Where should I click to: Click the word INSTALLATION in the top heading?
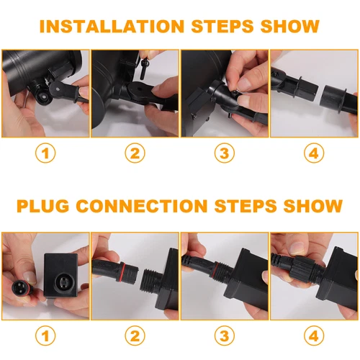112,26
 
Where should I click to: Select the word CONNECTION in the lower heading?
142,206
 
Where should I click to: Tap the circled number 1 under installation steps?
45,153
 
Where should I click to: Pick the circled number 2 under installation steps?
135,153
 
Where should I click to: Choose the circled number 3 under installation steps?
225,153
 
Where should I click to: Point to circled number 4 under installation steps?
314,153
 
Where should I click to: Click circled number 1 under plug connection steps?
45,336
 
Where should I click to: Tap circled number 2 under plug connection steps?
135,336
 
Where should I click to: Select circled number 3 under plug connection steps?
225,336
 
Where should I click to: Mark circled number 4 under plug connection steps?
314,336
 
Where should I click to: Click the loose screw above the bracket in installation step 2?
144,68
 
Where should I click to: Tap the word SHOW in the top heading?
289,26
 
